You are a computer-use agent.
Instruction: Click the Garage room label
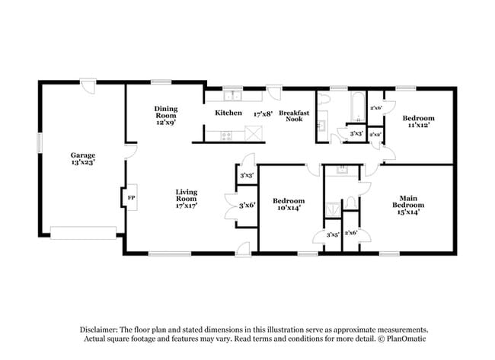click(84, 155)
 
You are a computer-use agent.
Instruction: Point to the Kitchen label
click(228, 113)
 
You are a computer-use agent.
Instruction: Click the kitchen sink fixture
click(232, 97)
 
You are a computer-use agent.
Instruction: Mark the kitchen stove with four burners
click(226, 135)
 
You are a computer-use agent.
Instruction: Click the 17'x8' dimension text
click(263, 113)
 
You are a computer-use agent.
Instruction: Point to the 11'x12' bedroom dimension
click(418, 126)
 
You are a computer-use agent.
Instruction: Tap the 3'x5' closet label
click(333, 234)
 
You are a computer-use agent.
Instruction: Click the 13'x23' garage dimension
click(84, 163)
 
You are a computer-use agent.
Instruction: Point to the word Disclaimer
click(103, 329)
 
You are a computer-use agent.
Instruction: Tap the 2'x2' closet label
click(375, 135)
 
